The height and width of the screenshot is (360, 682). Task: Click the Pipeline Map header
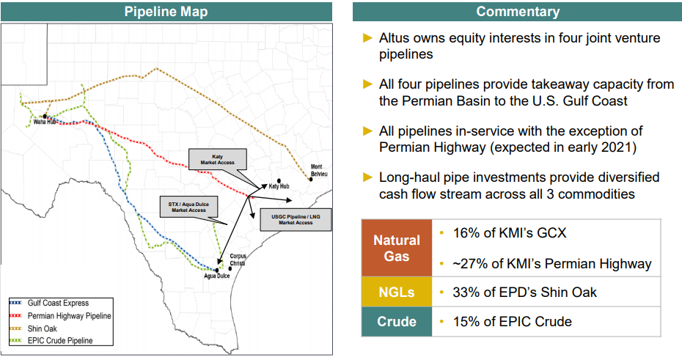[166, 11]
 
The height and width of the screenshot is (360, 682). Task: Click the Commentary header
[517, 11]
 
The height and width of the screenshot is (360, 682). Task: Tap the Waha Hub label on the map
[45, 122]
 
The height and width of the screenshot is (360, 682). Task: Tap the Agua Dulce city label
[218, 277]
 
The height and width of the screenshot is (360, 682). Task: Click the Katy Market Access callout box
[218, 160]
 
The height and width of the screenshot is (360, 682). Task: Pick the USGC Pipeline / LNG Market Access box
[296, 219]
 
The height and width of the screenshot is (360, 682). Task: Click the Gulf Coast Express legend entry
[59, 303]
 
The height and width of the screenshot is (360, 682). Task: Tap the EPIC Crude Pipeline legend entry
[60, 340]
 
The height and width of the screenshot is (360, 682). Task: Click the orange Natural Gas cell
[397, 248]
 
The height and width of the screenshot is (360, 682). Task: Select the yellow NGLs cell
[397, 292]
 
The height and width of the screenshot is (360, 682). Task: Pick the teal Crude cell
[397, 321]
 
